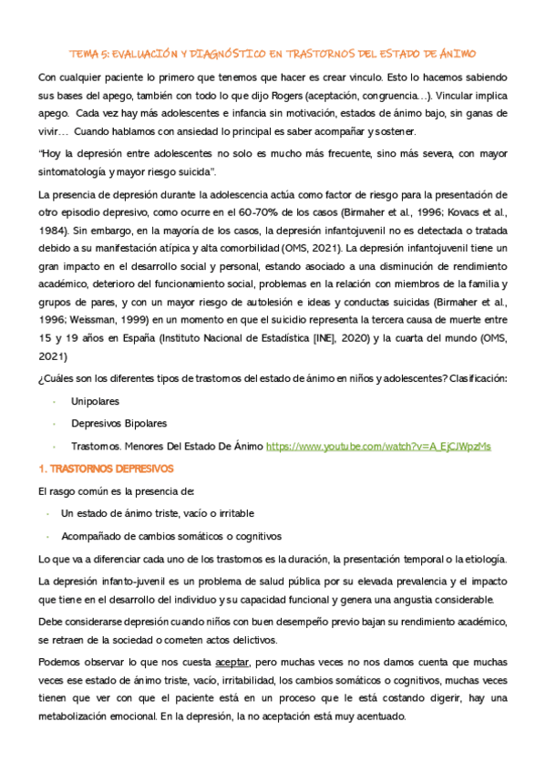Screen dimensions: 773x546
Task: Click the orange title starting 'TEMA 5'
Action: [x=273, y=54]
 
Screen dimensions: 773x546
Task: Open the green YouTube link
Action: [x=377, y=447]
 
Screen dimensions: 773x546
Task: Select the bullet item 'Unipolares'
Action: [x=95, y=400]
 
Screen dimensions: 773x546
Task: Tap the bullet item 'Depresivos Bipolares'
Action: [x=118, y=424]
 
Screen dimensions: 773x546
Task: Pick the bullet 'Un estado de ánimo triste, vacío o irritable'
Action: [x=157, y=513]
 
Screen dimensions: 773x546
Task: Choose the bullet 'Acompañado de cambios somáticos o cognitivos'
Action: [x=171, y=536]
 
